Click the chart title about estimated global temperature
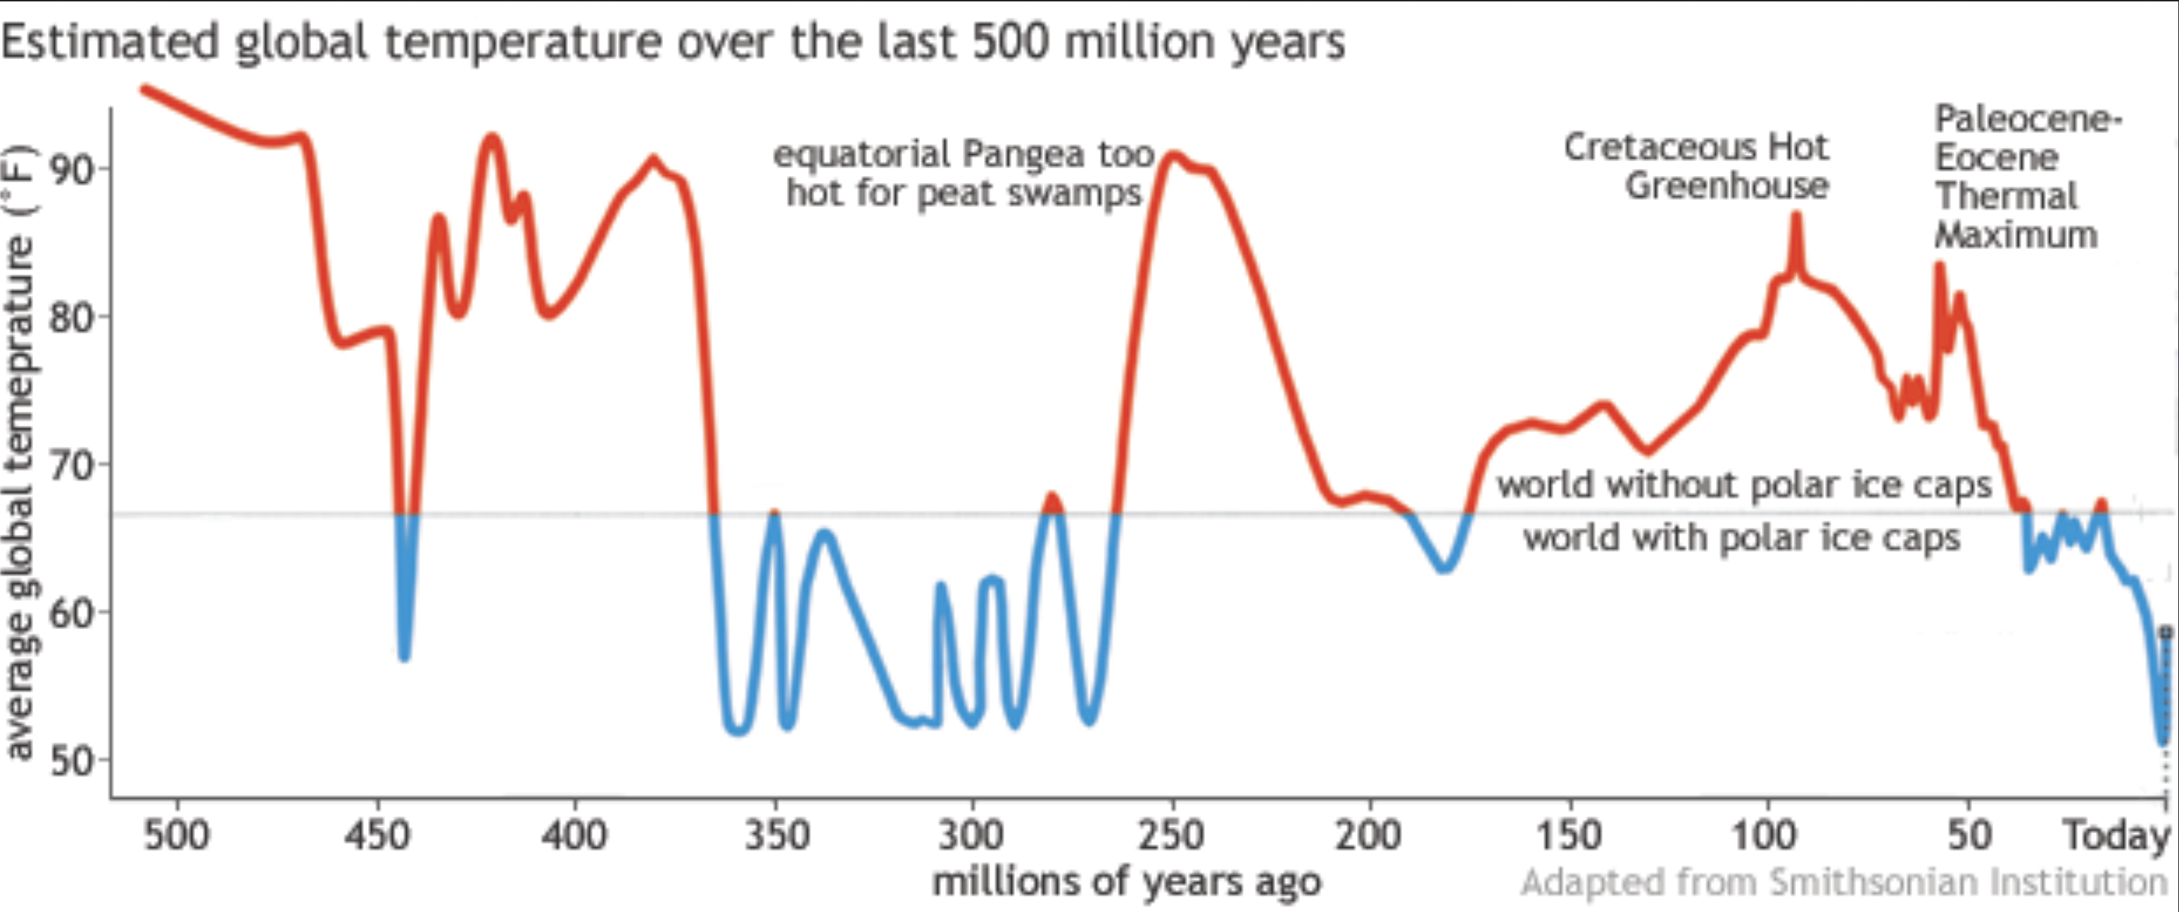(672, 42)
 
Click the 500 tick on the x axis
(176, 835)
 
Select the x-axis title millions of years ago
(1126, 882)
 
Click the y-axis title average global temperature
(20, 452)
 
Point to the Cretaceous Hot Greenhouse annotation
(1696, 167)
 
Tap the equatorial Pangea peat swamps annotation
(964, 173)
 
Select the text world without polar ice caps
(1744, 485)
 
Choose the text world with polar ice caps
(1742, 537)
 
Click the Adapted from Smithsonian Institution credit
(1843, 882)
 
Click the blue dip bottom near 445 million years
(404, 656)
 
